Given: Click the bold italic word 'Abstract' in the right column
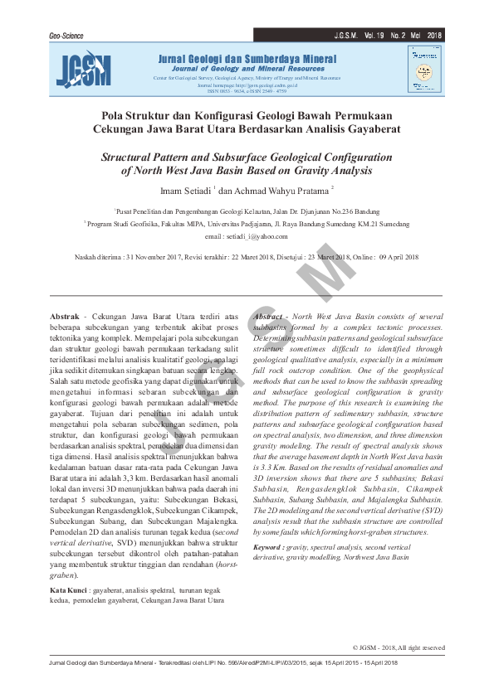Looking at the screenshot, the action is coord(269,317).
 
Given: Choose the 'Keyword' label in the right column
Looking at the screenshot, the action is coord(270,547).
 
